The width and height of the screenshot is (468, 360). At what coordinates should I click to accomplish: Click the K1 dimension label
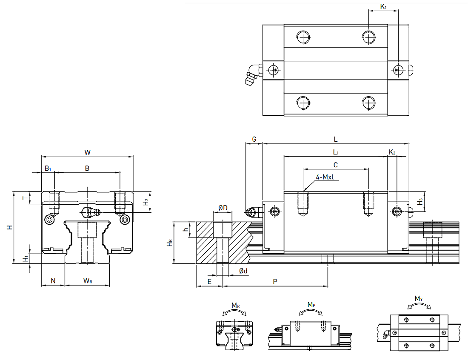click(383, 6)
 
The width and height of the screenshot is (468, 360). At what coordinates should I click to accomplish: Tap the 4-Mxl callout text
click(325, 177)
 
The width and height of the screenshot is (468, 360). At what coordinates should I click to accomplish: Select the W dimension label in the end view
click(87, 152)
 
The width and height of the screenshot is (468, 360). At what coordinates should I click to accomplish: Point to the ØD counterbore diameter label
click(223, 208)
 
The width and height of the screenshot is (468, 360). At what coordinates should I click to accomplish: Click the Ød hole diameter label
click(243, 271)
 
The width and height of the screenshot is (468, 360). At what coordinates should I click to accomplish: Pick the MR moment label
click(236, 306)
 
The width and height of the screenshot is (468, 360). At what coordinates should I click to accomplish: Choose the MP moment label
click(311, 305)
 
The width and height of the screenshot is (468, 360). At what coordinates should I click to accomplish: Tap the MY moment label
click(419, 298)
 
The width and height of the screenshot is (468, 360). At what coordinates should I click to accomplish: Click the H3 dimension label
click(420, 202)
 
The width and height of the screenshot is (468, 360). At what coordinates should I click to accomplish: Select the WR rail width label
click(88, 281)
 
